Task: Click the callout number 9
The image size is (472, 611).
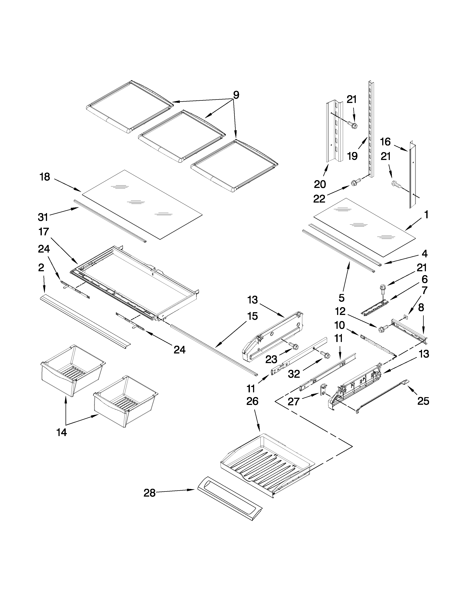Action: coord(236,95)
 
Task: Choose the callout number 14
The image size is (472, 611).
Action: coord(61,433)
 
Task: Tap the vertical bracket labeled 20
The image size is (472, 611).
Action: coord(334,131)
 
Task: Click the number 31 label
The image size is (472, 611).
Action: coord(43,217)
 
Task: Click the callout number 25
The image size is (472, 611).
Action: coord(423,401)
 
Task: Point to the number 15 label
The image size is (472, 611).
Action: coord(252,316)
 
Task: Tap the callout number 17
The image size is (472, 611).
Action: coord(44,232)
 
